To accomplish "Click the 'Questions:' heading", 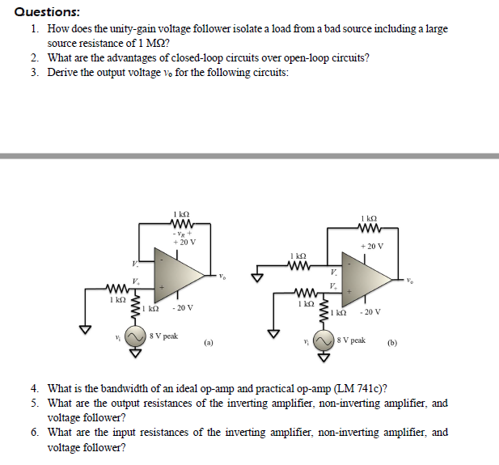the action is [47, 11].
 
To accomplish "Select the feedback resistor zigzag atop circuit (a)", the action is [180, 223].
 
